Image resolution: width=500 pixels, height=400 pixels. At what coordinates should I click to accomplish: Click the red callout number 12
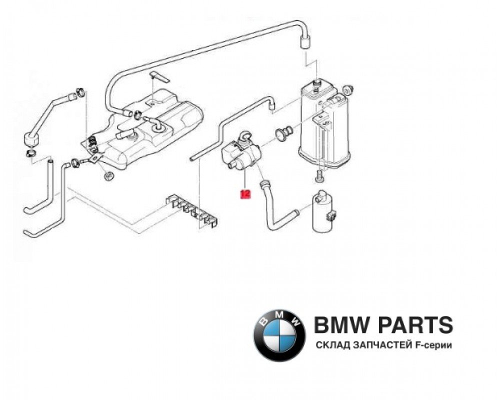tap(245, 194)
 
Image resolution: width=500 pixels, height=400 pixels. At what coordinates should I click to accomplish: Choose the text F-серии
tap(433, 346)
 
